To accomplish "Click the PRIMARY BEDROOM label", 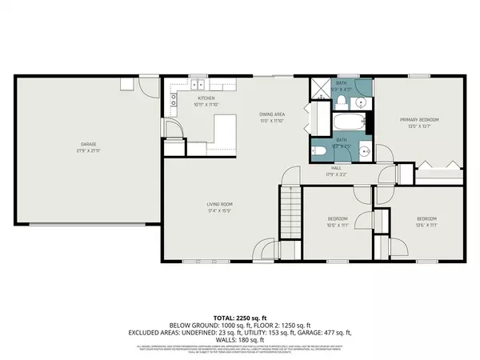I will point(419,120).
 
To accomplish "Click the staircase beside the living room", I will point(290,211).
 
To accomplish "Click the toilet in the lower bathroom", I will point(319,150).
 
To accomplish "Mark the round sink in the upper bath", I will point(362,103).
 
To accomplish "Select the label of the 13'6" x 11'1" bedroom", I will point(427,218).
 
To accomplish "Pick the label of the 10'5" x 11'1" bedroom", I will point(338,218).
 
